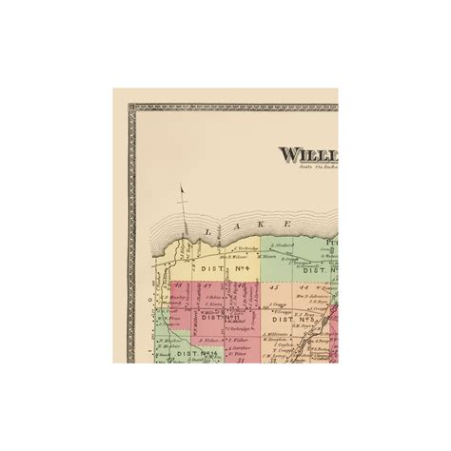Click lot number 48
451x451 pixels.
tap(178, 285)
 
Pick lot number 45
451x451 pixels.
tap(274, 285)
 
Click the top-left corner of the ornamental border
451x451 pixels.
tap(130, 106)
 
